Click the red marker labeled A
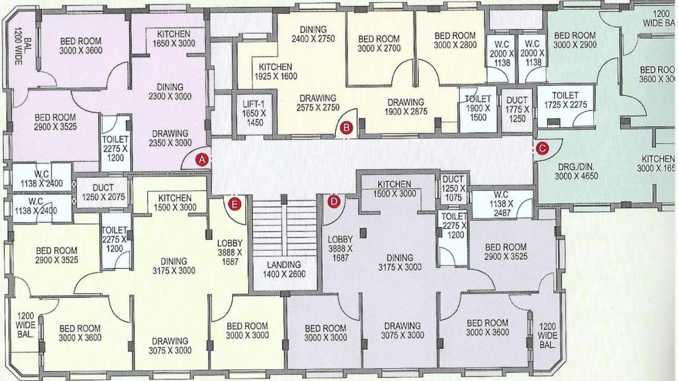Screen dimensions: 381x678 [202, 160]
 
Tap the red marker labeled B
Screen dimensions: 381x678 [346, 128]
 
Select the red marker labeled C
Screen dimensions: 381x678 [542, 148]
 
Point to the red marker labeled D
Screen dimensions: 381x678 [333, 202]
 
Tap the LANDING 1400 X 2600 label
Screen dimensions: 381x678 [284, 269]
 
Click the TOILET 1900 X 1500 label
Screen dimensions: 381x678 [478, 108]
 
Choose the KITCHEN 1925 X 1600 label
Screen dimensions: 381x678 [276, 72]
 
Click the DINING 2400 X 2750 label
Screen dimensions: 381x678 [313, 34]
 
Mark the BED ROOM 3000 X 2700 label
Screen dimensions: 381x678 [379, 44]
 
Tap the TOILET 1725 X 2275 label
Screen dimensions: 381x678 [565, 100]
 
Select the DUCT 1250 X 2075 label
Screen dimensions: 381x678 [103, 193]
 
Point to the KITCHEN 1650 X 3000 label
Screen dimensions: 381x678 [174, 39]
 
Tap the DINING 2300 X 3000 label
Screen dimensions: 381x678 [170, 92]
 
